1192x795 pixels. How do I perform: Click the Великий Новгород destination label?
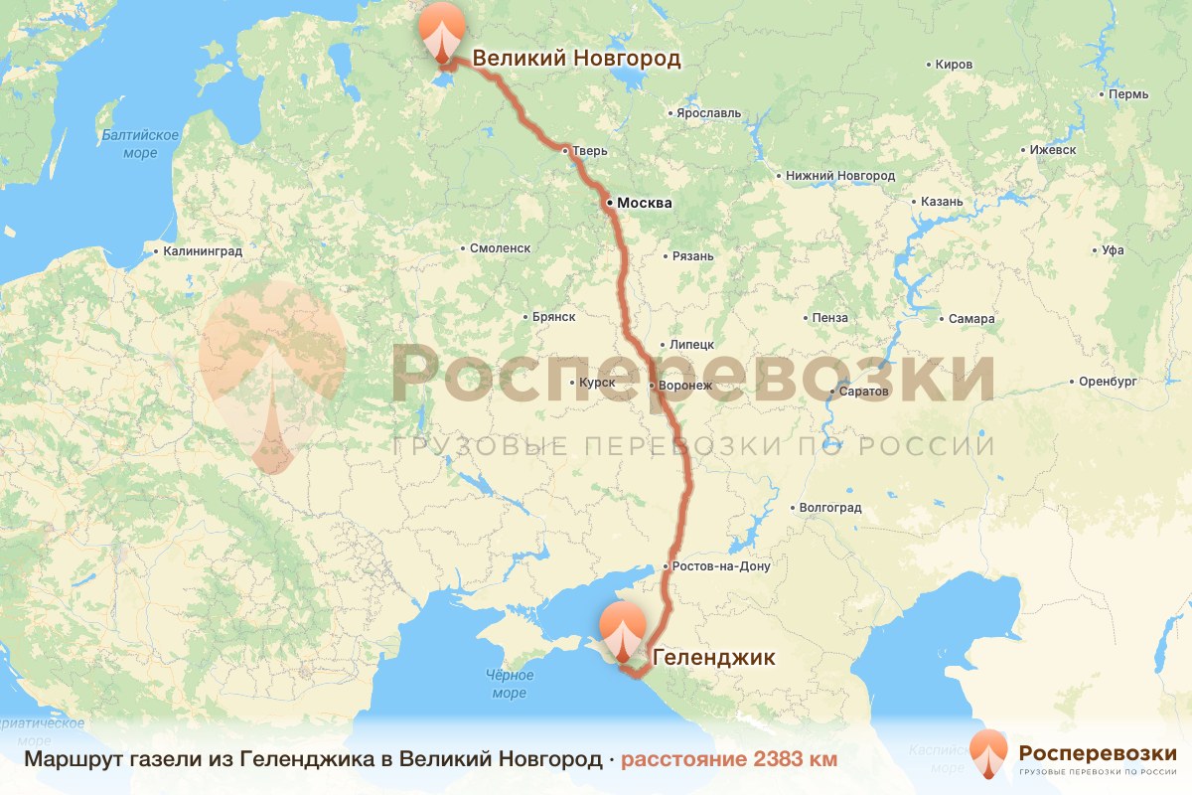[x=576, y=59]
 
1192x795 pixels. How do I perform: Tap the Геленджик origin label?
[x=713, y=657]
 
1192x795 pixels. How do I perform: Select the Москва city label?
[x=644, y=204]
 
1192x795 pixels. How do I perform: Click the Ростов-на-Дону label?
[x=721, y=566]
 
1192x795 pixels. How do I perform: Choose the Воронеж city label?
[x=686, y=386]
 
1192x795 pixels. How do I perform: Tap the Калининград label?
[x=203, y=252]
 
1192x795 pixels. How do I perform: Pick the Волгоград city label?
[x=829, y=508]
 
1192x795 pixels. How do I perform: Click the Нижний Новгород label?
[x=839, y=176]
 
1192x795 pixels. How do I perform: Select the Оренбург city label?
[x=1107, y=382]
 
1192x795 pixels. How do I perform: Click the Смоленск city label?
[x=500, y=248]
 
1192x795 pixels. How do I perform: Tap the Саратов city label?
[x=863, y=392]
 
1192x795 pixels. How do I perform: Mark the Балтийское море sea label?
[x=140, y=144]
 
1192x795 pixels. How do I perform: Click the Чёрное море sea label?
[x=509, y=684]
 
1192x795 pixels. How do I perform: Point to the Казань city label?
[x=942, y=202]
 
